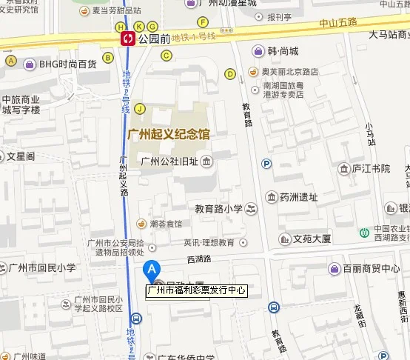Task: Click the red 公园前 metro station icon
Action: pos(128,37)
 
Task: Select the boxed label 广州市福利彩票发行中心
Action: pos(197,291)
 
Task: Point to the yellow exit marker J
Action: pos(139,110)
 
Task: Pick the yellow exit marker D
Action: pos(230,73)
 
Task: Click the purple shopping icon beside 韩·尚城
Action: pos(258,51)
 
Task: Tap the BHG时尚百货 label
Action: pos(68,64)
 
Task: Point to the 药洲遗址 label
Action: pos(299,197)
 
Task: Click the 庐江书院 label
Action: pos(371,170)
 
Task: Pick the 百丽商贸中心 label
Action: pos(374,268)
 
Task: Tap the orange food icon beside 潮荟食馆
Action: pos(141,224)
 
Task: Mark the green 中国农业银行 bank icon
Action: pos(364,233)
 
